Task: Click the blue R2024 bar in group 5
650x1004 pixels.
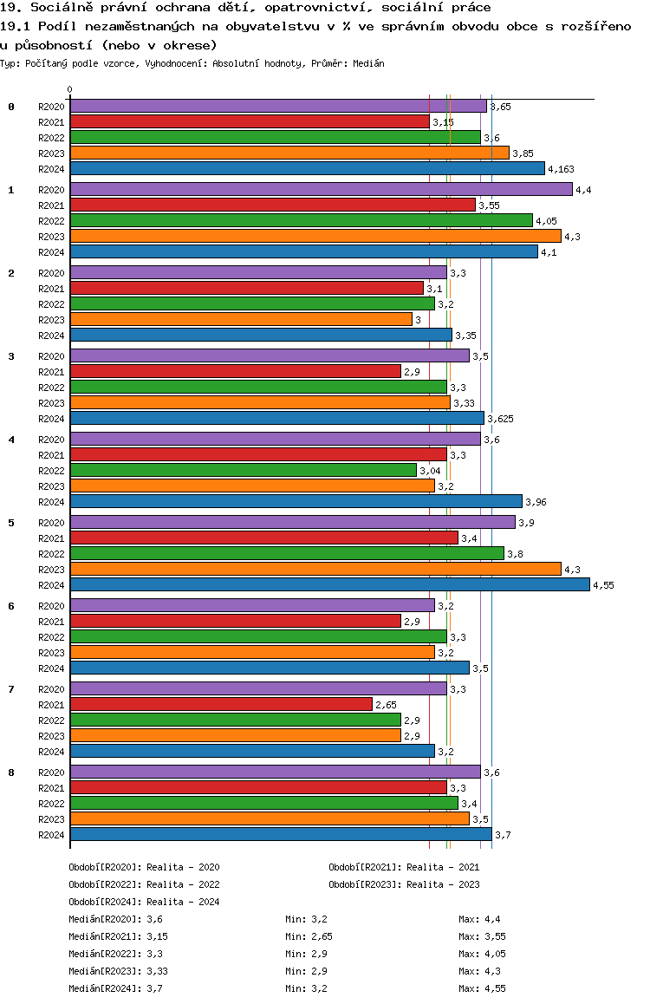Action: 329,584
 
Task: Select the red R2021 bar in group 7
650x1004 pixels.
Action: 221,704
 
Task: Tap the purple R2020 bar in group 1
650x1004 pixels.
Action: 321,189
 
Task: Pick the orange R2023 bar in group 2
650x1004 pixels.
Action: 241,319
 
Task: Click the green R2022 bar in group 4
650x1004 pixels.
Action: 243,470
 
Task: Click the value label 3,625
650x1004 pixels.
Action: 500,419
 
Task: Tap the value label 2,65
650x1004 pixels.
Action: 386,705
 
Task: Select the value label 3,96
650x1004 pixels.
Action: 536,502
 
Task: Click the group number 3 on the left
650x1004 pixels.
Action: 11,356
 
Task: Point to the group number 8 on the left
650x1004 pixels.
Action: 11,773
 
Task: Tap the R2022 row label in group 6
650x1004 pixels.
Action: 52,637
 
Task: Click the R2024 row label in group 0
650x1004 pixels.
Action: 52,169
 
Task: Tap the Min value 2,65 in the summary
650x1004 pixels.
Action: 322,936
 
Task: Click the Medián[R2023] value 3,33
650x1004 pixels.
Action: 157,971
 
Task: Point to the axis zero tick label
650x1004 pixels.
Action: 70,89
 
